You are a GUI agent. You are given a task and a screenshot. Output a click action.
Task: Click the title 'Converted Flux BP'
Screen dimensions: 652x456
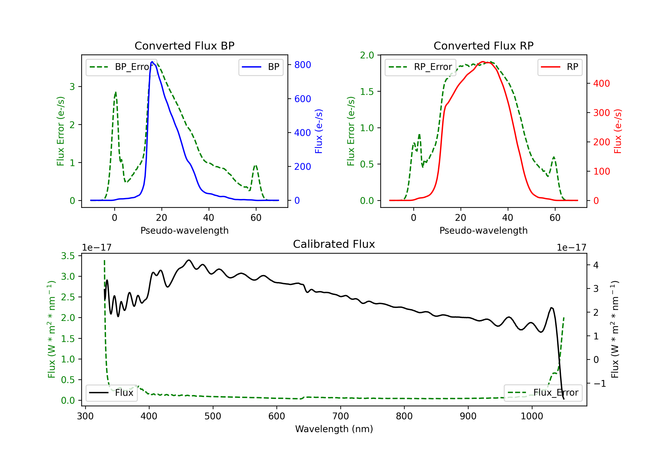184,46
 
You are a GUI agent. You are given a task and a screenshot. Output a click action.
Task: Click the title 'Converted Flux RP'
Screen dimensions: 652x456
483,46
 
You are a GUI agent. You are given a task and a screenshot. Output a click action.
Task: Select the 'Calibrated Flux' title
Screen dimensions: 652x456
334,244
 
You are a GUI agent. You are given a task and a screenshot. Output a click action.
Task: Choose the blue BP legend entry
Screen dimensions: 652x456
261,67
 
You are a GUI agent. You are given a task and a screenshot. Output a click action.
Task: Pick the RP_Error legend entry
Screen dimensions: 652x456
420,67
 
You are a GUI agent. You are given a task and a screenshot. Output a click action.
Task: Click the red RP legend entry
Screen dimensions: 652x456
560,67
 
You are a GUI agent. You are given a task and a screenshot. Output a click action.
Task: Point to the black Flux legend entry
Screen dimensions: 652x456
111,393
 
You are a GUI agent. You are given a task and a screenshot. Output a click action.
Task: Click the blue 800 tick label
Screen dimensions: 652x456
303,65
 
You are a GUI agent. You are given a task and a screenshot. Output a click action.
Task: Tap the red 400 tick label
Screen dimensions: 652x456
601,83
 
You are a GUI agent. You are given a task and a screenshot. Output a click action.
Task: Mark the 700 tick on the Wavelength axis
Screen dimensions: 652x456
341,416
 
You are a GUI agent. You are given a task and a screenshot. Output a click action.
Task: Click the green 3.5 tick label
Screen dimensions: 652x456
68,256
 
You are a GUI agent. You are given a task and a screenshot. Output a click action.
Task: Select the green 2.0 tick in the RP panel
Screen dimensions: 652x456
367,55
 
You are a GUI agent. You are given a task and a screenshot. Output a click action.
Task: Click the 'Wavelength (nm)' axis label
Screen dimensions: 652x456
334,429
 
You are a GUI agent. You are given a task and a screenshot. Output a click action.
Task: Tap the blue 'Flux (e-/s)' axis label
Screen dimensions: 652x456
319,131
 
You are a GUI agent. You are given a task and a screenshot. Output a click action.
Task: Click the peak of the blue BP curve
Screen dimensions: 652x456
152,62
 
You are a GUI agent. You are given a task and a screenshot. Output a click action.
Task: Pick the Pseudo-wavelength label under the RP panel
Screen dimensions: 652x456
483,230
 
